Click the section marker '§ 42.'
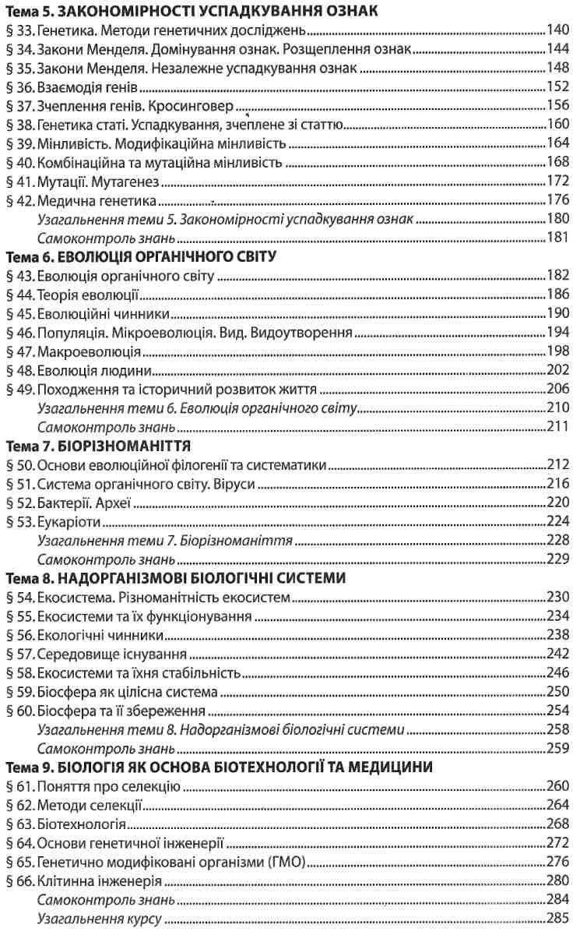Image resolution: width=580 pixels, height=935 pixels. click(19, 201)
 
